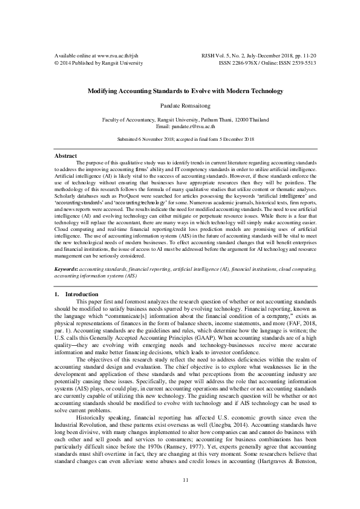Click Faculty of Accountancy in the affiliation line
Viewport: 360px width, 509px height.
131,120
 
